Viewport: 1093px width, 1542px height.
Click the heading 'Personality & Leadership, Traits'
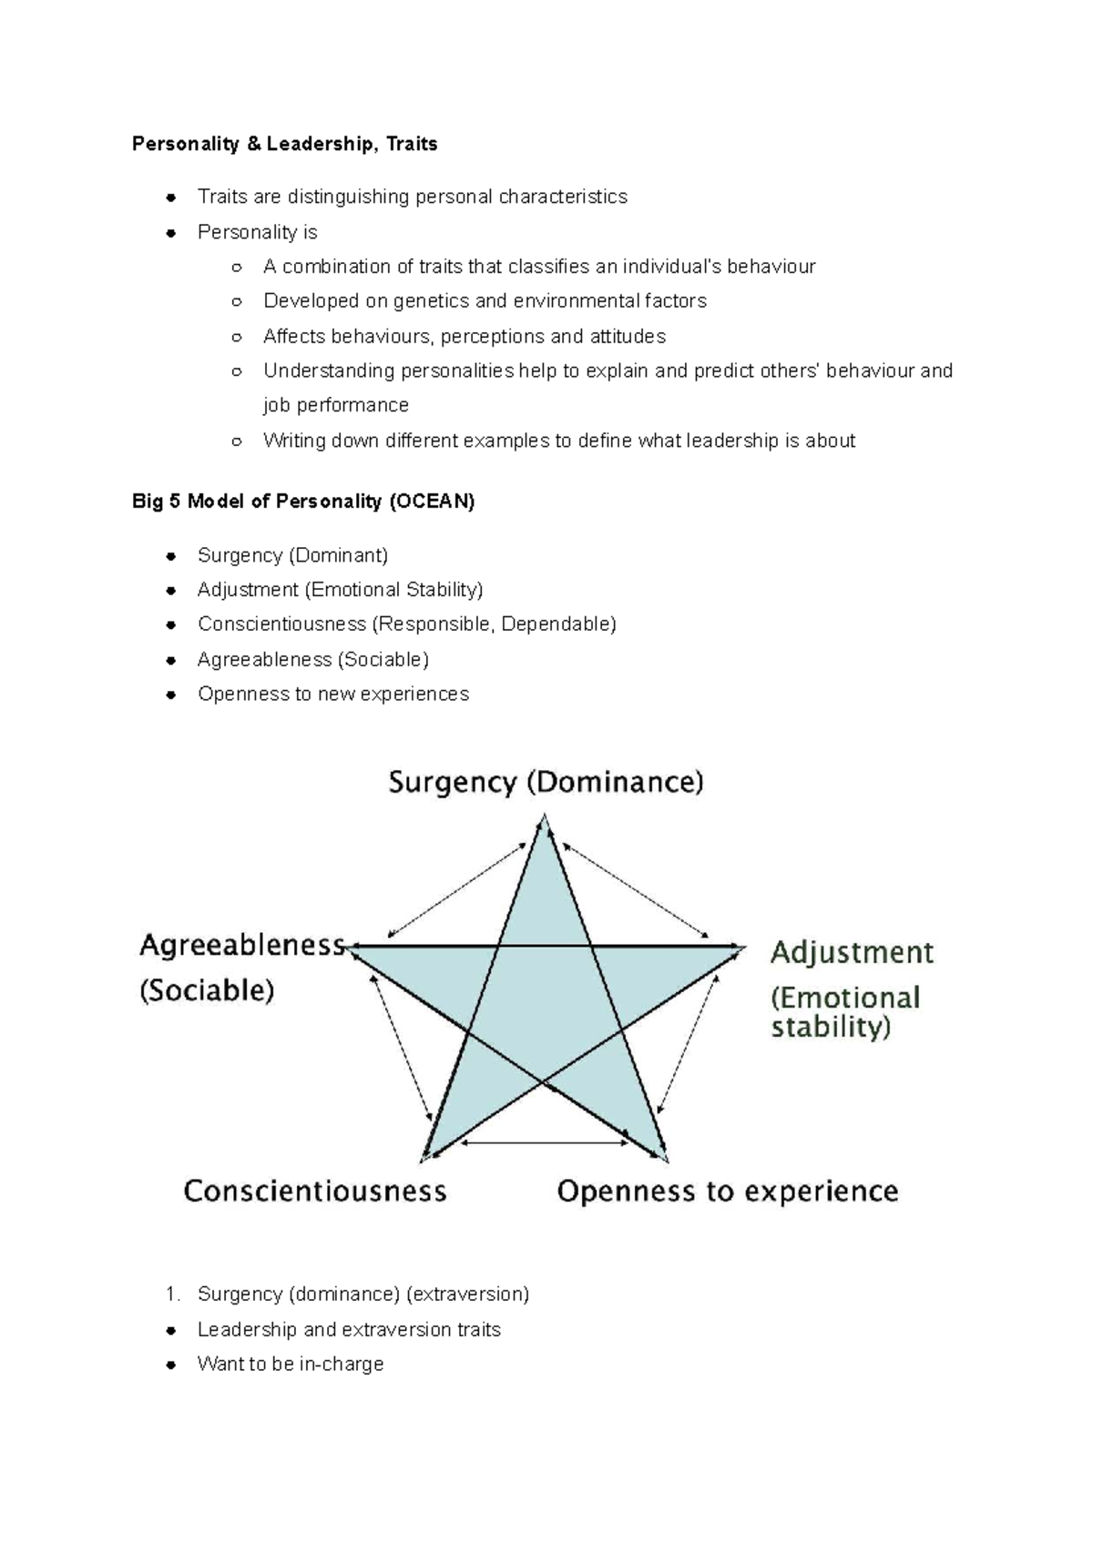[x=284, y=144]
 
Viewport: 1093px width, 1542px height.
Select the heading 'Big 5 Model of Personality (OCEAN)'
[x=303, y=502]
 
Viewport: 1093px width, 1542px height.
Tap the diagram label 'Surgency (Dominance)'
[x=546, y=782]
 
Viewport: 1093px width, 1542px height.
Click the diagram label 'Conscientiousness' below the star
[x=315, y=1192]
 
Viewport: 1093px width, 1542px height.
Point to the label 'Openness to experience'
[x=727, y=1192]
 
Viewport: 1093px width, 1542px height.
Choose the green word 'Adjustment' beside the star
[x=852, y=953]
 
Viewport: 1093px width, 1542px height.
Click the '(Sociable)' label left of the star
[x=207, y=990]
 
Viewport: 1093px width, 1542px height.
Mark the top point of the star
[x=545, y=820]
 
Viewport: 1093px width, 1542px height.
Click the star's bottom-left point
[x=425, y=1158]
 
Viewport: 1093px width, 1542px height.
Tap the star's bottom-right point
[x=664, y=1158]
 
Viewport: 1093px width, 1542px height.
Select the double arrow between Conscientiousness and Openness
[x=544, y=1142]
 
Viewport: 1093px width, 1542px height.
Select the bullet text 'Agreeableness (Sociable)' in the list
[x=312, y=659]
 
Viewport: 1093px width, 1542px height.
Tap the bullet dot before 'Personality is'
[x=170, y=233]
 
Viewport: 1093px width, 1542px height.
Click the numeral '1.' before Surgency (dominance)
[x=173, y=1294]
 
